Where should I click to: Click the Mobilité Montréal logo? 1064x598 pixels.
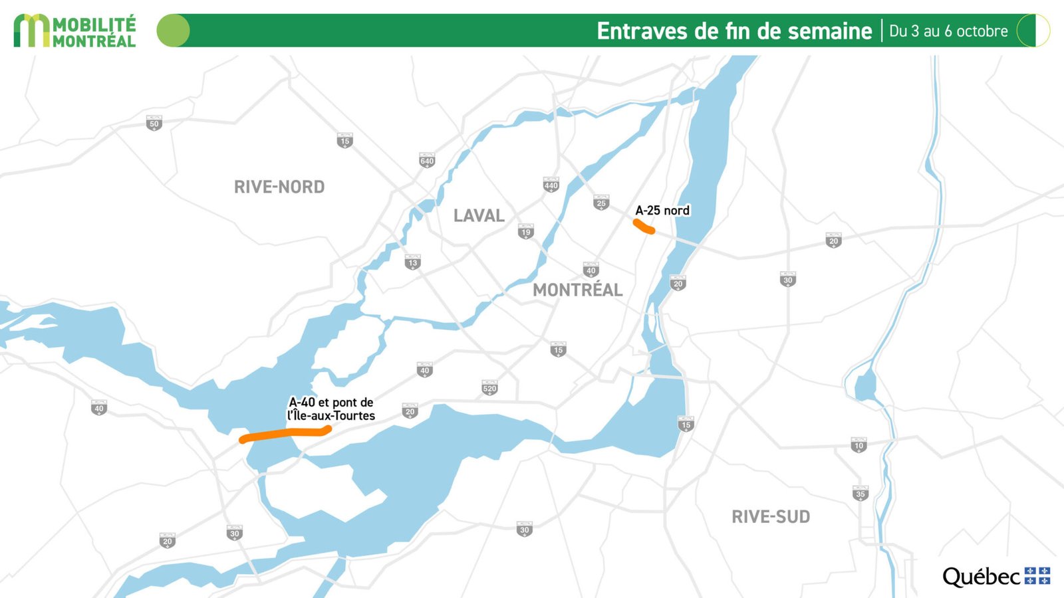[x=74, y=31]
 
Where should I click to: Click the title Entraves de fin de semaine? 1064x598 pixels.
[x=733, y=31]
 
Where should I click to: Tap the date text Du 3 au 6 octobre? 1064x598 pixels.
[x=948, y=31]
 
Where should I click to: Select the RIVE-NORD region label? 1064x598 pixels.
[x=279, y=187]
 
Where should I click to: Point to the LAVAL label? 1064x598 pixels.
[x=479, y=216]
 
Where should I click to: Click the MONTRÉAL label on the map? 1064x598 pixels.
[x=577, y=290]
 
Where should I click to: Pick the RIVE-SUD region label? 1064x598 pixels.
[x=771, y=517]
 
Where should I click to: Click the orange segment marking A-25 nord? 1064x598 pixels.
[x=644, y=227]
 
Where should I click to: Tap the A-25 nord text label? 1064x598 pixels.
[x=662, y=211]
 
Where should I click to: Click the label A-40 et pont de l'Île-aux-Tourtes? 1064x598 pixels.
[x=331, y=409]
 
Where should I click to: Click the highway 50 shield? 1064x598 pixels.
[x=154, y=124]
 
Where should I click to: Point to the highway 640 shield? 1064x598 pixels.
[x=427, y=161]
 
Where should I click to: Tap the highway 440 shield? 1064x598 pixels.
[x=551, y=185]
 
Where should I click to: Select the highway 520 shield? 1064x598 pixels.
[x=489, y=388]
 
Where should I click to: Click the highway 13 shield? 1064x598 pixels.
[x=413, y=262]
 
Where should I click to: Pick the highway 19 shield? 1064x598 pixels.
[x=526, y=232]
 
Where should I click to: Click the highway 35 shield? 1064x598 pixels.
[x=861, y=494]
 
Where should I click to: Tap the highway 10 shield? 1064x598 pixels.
[x=859, y=445]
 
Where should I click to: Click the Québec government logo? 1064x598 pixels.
[x=996, y=576]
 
